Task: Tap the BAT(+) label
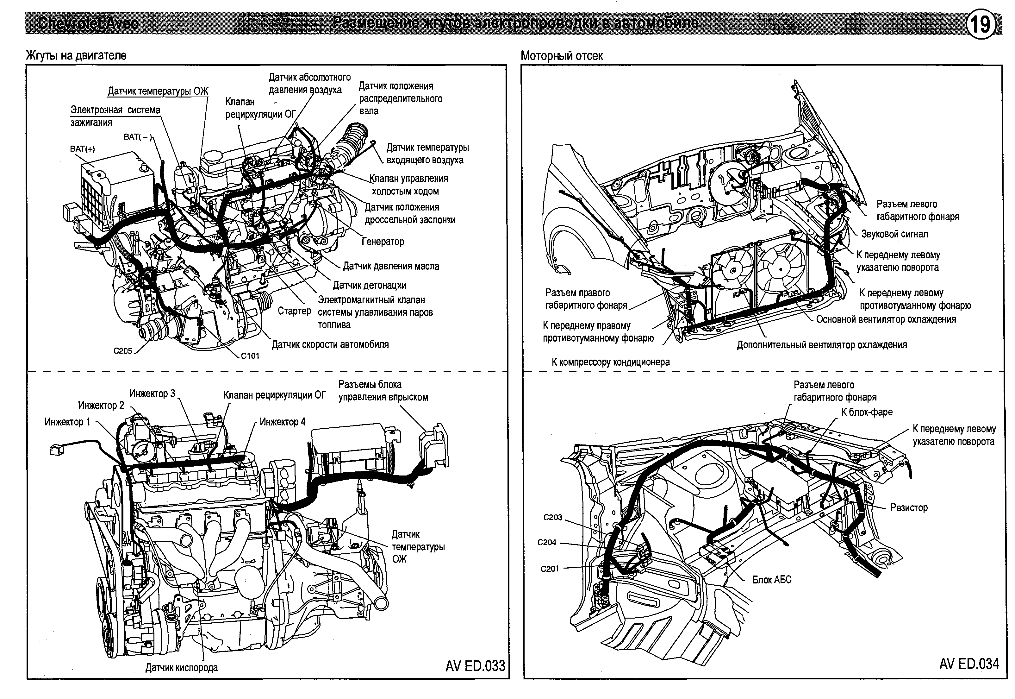pos(82,149)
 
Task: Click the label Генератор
pos(383,241)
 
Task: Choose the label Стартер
pos(294,311)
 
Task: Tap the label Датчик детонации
pos(370,286)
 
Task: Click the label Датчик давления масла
pos(390,266)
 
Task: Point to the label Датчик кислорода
pos(181,667)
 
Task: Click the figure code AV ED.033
pos(475,666)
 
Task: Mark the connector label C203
pos(552,517)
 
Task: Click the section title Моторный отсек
pos(562,56)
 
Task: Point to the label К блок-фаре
pos(867,412)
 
